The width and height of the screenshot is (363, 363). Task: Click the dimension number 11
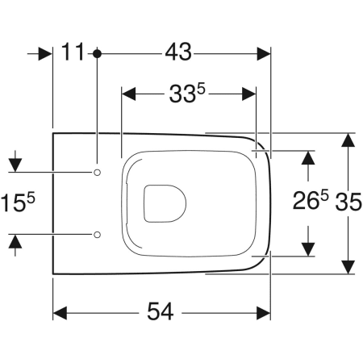pos(73,52)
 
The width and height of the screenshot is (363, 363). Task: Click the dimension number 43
pos(178,52)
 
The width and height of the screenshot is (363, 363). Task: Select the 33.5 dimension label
pos(187,93)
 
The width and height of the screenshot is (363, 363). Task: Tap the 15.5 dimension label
pos(18,202)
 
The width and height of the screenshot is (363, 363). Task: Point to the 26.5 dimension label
pos(311,200)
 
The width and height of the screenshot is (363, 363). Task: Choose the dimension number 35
pos(348,202)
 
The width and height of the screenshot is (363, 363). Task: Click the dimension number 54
pos(160,311)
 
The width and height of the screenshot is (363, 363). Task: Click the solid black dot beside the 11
pos(97,54)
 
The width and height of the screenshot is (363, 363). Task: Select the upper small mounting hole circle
pos(98,172)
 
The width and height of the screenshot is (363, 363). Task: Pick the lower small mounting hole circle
pos(98,235)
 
